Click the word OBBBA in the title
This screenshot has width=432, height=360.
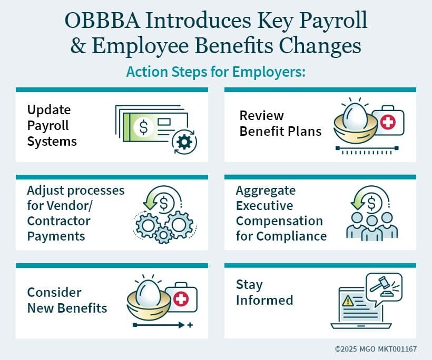[102, 21]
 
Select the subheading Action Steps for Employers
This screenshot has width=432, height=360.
[215, 72]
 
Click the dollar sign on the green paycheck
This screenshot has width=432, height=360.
[143, 127]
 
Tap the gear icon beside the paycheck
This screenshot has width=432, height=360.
[184, 142]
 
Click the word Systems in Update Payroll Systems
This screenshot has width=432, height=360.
[52, 142]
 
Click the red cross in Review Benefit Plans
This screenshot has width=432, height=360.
[388, 122]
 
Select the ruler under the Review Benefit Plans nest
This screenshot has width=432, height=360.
[367, 150]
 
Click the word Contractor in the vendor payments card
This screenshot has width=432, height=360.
[58, 221]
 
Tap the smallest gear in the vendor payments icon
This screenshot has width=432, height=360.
[163, 235]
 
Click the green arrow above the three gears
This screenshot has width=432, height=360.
[150, 201]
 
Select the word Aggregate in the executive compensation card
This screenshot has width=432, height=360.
[266, 191]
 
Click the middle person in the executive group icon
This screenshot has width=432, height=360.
[372, 228]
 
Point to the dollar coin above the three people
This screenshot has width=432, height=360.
[371, 204]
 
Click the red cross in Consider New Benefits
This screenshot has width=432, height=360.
[181, 298]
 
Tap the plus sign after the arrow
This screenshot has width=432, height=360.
[190, 325]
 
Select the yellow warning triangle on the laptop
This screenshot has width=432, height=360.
[348, 301]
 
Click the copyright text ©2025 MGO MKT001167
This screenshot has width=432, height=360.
[376, 349]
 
